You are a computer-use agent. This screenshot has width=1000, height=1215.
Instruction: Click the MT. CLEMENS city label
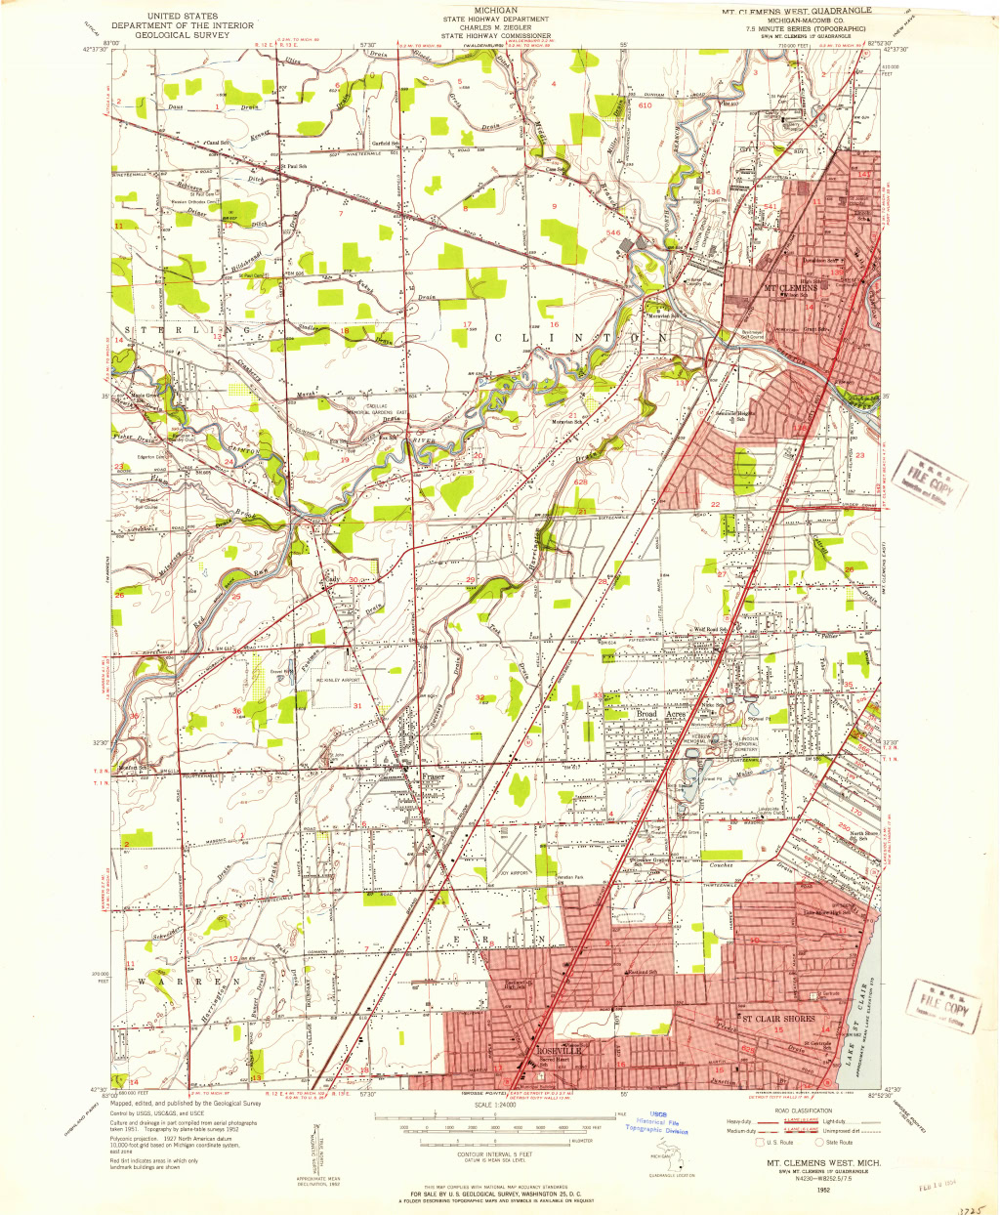point(789,288)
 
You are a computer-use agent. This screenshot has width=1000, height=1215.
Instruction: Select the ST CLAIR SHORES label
point(778,1019)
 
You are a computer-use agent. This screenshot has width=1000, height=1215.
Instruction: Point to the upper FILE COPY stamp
point(928,476)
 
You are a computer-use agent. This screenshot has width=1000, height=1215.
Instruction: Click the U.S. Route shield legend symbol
point(759,1142)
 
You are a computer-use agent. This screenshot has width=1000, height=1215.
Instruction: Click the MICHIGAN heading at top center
point(495,10)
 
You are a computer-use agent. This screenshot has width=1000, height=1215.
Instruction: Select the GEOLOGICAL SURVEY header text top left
point(184,34)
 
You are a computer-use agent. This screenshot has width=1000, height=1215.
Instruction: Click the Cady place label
point(332,579)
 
